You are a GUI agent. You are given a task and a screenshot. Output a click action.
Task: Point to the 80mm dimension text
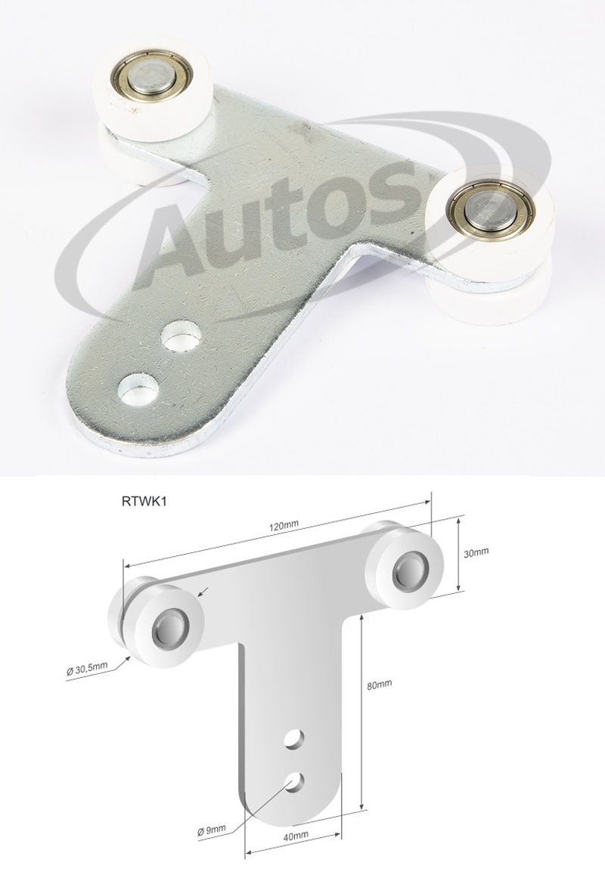[x=378, y=685]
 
